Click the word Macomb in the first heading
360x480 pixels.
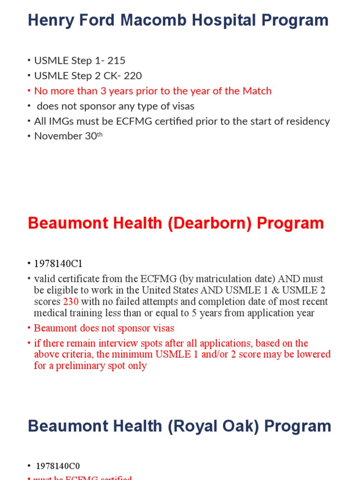point(145,20)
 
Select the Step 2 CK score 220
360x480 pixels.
point(133,76)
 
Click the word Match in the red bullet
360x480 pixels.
point(257,91)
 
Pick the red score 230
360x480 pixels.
point(71,301)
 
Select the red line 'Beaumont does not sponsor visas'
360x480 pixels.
point(104,328)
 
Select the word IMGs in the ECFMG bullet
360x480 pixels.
point(60,121)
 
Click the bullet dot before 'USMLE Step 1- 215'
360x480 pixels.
point(29,61)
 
